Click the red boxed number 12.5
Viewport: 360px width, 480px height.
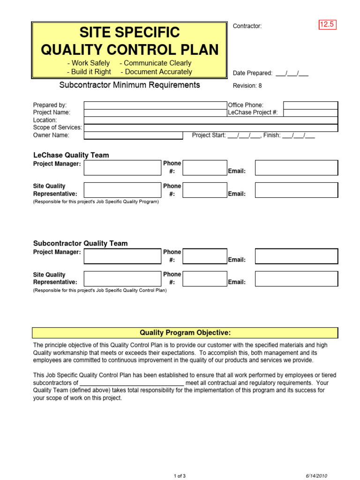[327, 25]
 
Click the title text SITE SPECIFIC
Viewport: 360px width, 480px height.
[129, 32]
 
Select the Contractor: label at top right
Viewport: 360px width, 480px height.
[247, 26]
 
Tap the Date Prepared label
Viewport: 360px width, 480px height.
[253, 73]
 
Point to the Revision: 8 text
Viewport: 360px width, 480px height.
[247, 86]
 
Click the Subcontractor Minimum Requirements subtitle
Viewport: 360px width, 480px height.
[129, 85]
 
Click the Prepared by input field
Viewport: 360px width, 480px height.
[155, 105]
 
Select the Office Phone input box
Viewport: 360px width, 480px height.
[310, 105]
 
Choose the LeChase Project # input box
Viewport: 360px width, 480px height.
[310, 112]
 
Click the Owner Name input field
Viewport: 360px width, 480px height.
[133, 135]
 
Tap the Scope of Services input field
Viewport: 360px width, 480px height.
[210, 127]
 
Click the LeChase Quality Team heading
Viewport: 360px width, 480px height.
[71, 155]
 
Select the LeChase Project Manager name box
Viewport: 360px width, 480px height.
[122, 167]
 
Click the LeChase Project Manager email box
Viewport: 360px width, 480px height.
[296, 167]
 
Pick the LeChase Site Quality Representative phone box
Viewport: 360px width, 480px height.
[204, 190]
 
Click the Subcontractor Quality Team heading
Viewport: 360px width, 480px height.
[80, 243]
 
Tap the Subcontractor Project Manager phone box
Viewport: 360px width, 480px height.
[204, 256]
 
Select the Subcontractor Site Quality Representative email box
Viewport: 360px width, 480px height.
[296, 278]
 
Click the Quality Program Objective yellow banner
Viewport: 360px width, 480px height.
[185, 333]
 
